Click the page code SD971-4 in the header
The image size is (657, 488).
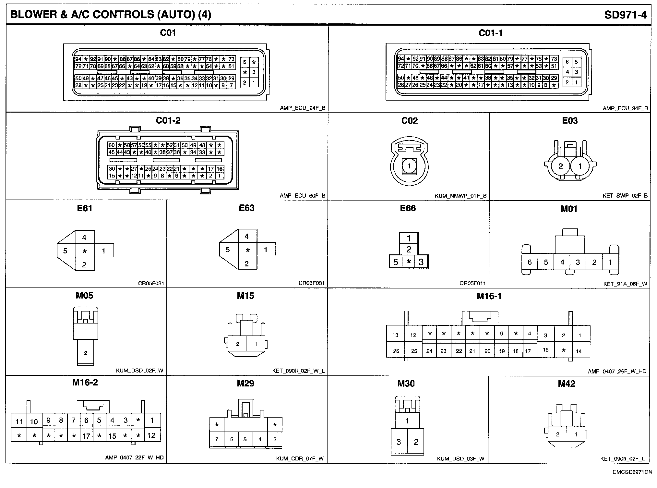coord(625,15)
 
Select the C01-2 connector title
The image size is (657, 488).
coord(168,120)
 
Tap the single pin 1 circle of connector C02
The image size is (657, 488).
coord(409,166)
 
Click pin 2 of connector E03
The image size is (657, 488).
coord(560,166)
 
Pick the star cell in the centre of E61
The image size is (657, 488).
coord(85,251)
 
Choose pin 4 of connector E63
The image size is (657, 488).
coord(247,236)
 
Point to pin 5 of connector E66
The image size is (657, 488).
coord(395,262)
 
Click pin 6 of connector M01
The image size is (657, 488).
coord(530,262)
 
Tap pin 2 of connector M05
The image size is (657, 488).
coord(86,353)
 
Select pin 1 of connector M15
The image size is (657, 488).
coord(256,344)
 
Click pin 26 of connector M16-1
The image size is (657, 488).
coord(396,351)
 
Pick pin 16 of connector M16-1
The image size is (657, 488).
coord(545,350)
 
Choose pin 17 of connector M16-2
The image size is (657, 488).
coord(86,436)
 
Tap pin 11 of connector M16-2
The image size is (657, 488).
coord(19,421)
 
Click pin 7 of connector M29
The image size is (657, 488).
coord(217,439)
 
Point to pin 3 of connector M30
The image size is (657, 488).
coord(399,442)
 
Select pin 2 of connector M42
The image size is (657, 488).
coord(557,434)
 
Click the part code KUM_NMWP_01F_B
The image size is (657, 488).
coord(460,196)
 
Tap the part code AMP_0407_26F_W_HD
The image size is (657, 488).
coord(617,372)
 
